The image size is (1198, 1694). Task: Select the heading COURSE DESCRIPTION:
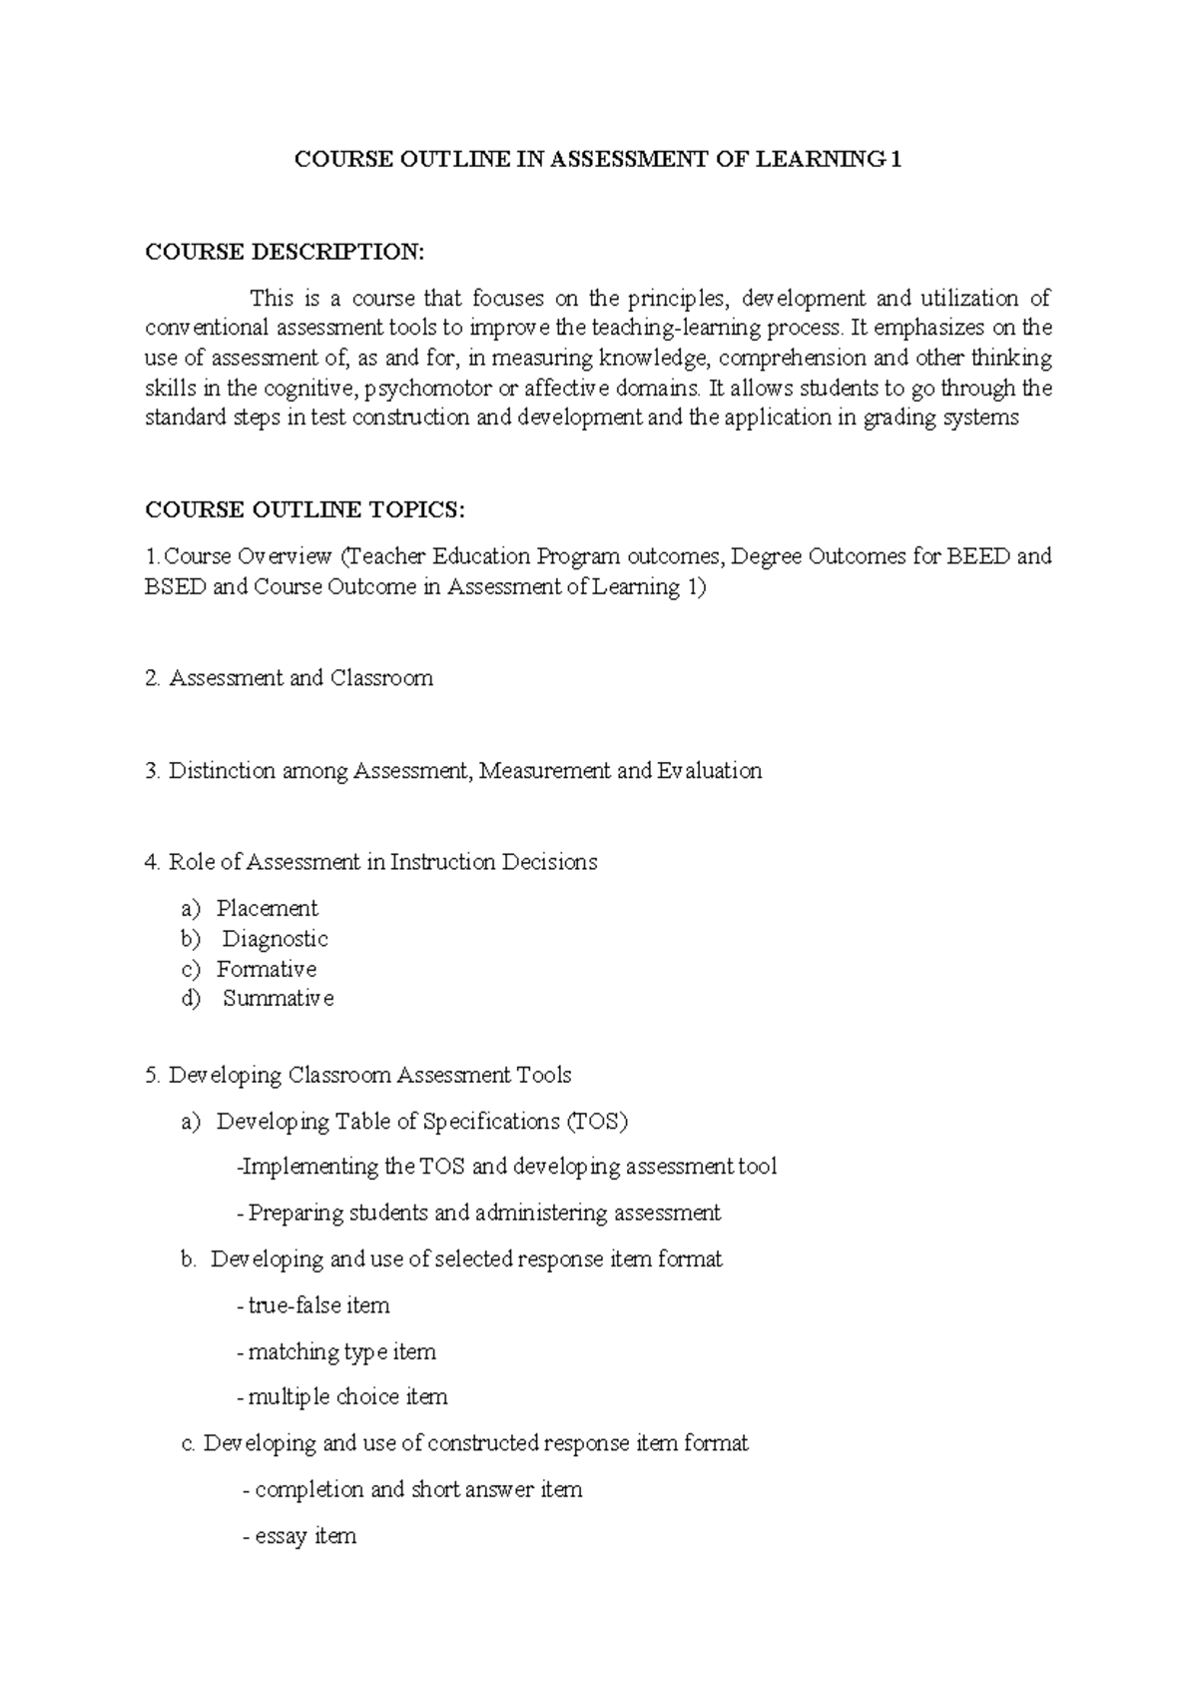[x=285, y=252]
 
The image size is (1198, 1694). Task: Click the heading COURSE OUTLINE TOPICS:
[x=305, y=510]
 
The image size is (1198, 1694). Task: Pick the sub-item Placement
[x=267, y=908]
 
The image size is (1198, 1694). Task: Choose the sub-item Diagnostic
[x=275, y=939]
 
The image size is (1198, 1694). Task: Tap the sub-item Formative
[x=267, y=969]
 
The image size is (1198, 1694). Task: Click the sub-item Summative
[x=278, y=999]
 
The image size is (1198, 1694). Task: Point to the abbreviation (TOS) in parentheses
[x=597, y=1122]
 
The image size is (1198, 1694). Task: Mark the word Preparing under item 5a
[x=289, y=1214]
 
